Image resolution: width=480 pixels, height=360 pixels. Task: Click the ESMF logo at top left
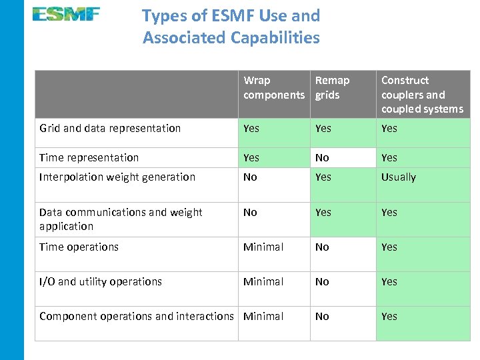66,14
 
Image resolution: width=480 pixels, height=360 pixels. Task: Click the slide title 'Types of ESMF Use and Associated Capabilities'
231,27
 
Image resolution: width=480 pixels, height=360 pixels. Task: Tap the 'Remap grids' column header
332,87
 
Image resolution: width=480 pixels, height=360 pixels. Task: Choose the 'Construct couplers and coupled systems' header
421,95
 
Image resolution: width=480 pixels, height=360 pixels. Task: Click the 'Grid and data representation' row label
110,128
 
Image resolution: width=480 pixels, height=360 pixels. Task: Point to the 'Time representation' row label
89,157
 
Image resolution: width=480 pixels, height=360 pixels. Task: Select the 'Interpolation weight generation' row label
117,177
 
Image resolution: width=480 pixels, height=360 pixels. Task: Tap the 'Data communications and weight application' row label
121,219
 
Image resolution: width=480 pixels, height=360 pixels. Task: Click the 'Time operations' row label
79,247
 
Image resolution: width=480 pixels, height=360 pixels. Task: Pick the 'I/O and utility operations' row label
101,281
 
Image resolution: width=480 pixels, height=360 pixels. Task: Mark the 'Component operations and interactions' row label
137,316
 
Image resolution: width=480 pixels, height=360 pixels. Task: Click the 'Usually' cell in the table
398,177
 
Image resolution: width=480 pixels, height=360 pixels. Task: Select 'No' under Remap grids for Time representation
322,157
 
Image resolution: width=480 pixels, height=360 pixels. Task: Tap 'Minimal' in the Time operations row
263,247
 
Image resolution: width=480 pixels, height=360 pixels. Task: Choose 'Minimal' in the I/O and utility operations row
263,281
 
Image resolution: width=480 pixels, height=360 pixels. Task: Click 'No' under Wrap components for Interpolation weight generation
250,177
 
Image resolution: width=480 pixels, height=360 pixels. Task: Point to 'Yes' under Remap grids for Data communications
323,212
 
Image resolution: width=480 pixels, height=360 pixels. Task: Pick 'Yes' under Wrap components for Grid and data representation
251,128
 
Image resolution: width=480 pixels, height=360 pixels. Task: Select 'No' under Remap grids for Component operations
322,316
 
